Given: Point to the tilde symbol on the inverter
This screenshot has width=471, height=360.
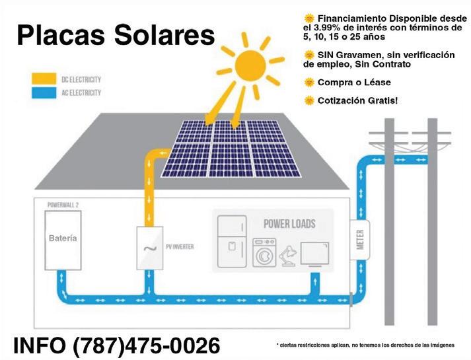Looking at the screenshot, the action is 149,249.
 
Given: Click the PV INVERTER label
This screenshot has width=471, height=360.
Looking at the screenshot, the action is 180,247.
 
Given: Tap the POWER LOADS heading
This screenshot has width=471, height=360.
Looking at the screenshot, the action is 289,223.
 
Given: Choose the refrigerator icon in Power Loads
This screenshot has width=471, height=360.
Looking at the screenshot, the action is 233,241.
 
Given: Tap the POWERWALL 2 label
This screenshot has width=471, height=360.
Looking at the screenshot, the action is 63,205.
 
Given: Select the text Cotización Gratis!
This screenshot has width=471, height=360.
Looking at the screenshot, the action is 357,100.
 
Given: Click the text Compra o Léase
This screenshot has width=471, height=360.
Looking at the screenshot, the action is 354,83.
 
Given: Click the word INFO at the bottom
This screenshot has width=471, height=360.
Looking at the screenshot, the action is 40,345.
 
